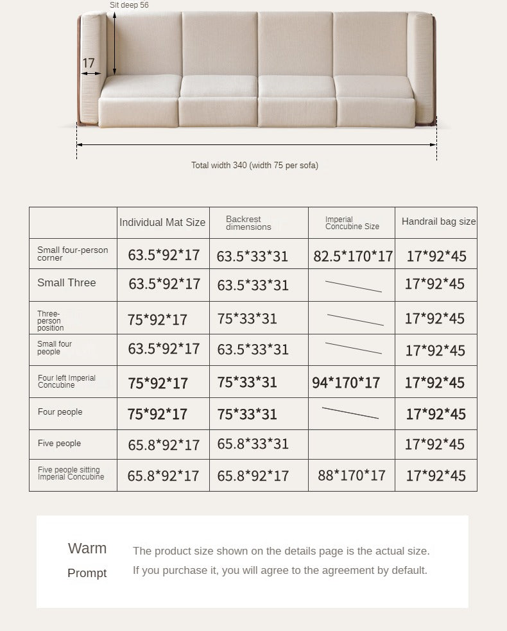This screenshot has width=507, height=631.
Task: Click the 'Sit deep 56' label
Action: pos(129,5)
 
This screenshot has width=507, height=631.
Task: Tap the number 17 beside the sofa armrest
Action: pos(89,63)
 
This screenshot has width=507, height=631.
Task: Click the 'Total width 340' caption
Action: pos(254,166)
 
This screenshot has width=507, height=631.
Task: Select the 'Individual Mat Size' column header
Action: pos(162,223)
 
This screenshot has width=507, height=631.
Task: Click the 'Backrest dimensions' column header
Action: pos(248,223)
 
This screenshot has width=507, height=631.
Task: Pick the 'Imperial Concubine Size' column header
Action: pos(352,223)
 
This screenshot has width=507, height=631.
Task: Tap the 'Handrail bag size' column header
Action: pos(438,221)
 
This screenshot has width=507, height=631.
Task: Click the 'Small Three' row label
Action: pos(66,283)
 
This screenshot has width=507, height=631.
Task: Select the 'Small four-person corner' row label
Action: pos(73,254)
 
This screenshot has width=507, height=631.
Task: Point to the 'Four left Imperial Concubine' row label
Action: pos(67,381)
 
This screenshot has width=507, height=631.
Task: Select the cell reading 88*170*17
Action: pos(352,476)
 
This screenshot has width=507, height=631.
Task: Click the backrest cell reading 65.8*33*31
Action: pos(253,444)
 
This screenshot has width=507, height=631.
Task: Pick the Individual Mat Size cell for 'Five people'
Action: pos(163,444)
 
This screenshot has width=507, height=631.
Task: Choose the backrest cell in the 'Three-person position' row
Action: pos(247,319)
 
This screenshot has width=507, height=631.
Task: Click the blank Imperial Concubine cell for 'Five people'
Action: pos(352,444)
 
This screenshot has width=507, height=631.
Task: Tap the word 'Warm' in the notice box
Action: pos(87,548)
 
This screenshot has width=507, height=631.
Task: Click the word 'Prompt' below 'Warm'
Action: pos(87,573)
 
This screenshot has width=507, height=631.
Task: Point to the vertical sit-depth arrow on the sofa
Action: pos(115,45)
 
